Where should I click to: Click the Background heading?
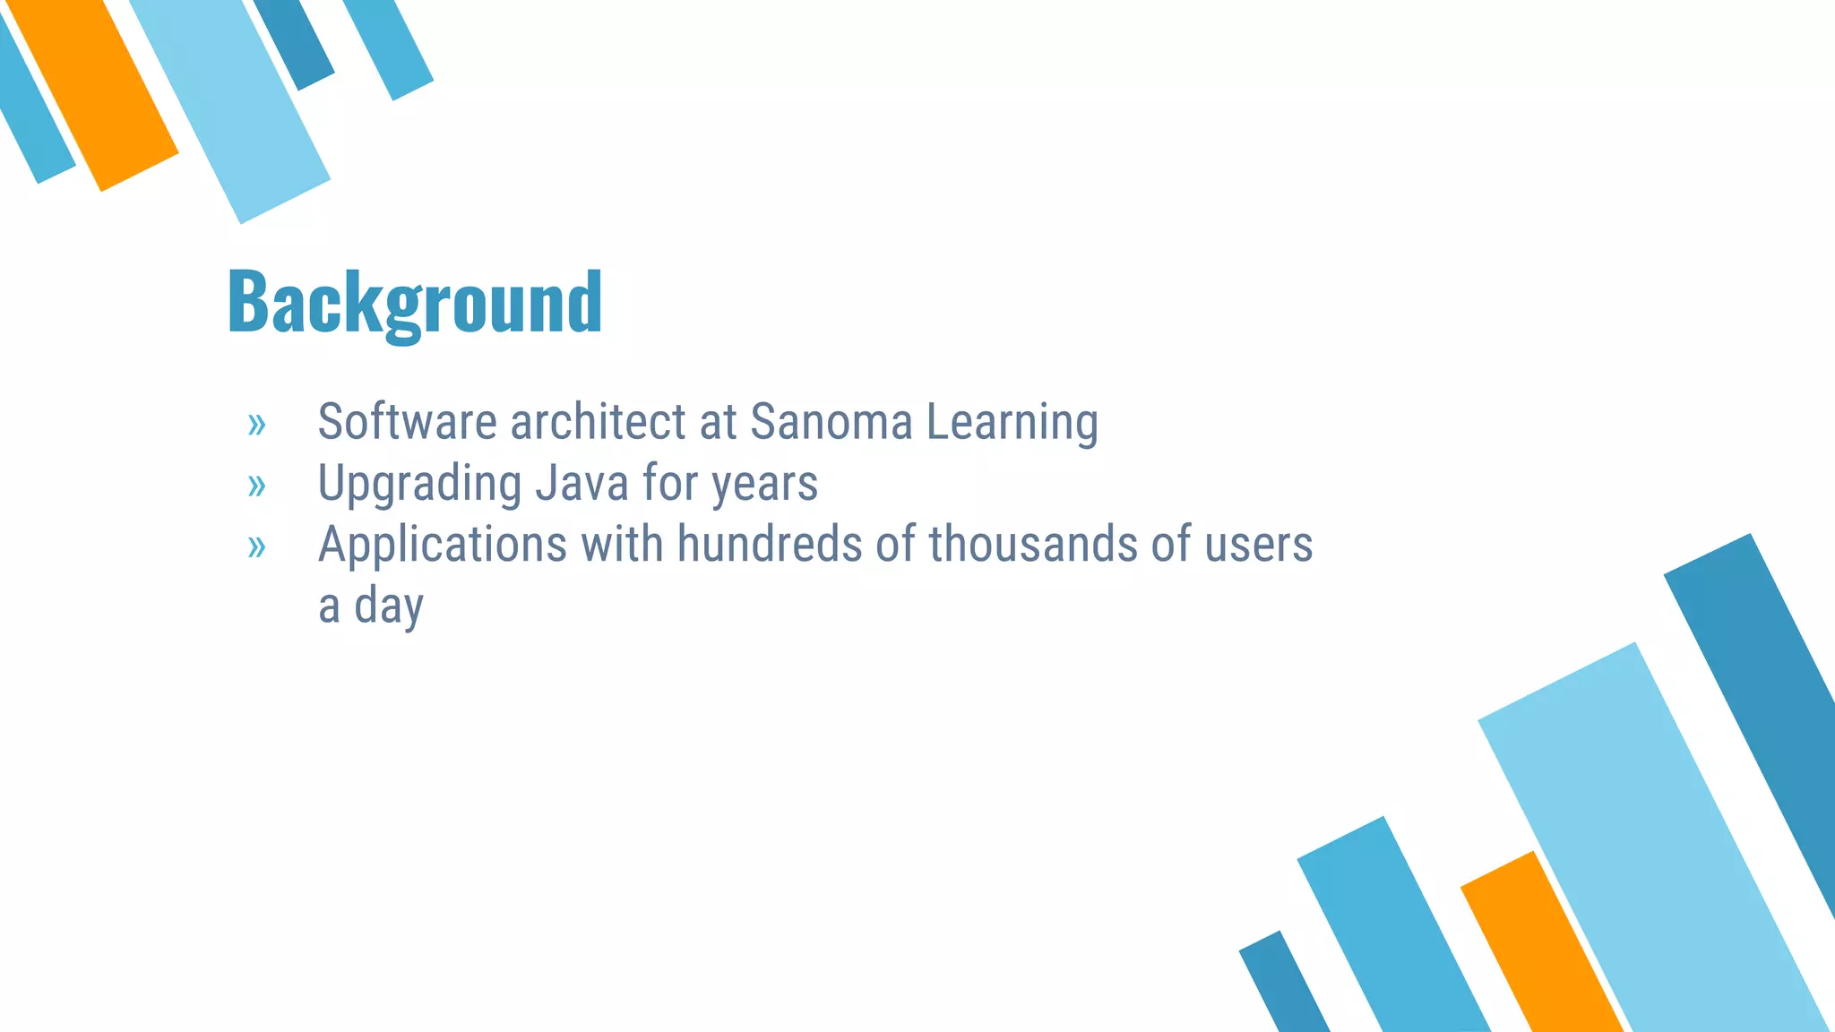(415, 303)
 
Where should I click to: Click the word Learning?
(1012, 423)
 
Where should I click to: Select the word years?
(764, 485)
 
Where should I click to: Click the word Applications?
(443, 545)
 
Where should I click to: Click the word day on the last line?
(388, 607)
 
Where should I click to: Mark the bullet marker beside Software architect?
(257, 425)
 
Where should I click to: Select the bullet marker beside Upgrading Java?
(257, 486)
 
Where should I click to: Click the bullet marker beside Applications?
(257, 546)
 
